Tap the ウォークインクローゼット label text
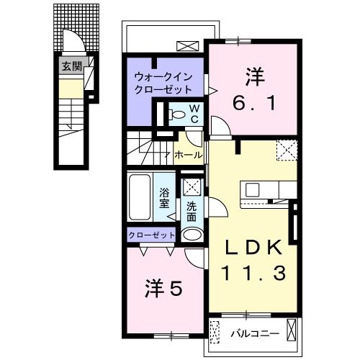pos(164,84)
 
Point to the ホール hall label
pos(188,154)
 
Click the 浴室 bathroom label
pos(165,198)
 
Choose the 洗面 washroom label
pos(192,212)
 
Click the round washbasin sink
pos(192,235)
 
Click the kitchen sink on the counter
pos(253,189)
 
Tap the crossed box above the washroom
pos(192,186)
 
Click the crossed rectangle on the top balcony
pos(186,46)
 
